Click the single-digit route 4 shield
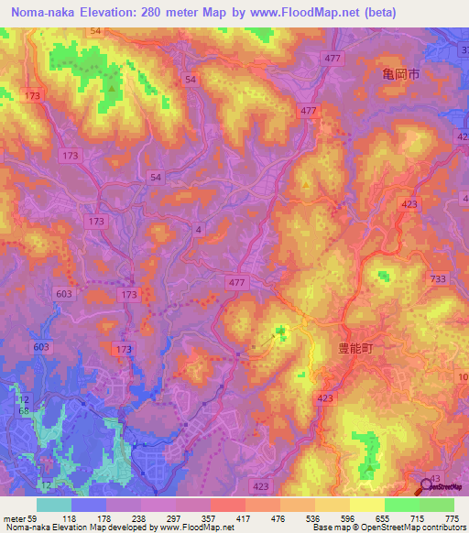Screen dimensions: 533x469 [x=198, y=230]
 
